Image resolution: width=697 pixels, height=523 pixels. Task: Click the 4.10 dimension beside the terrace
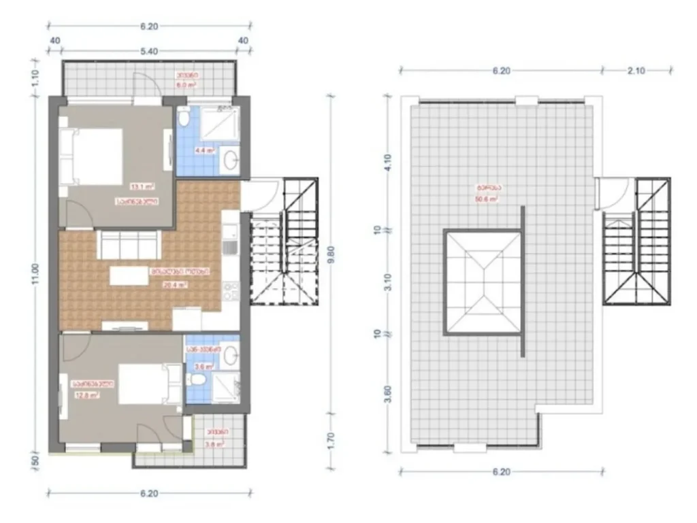pos(387,164)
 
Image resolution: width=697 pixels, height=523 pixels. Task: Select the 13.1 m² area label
pos(143,185)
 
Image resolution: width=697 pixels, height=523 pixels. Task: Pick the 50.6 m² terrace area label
pos(485,199)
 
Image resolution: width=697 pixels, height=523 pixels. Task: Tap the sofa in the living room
pos(129,243)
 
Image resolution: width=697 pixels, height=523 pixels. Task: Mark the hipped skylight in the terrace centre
pos(483,282)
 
